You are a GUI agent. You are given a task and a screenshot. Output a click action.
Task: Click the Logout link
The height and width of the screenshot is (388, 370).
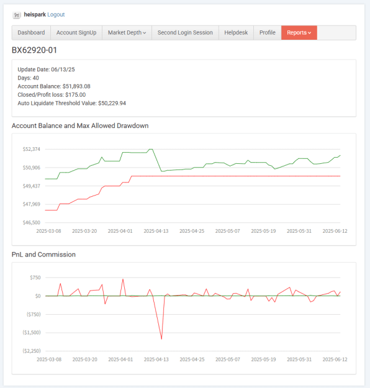(x=56, y=15)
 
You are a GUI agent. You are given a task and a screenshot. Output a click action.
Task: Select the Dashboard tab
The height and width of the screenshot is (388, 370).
(x=31, y=33)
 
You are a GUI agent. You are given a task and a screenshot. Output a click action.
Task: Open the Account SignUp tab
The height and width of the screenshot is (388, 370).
(x=76, y=33)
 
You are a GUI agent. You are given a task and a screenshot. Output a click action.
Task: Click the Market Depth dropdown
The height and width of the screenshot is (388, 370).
(x=127, y=33)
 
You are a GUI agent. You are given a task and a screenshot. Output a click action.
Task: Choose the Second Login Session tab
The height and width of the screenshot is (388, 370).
(x=185, y=33)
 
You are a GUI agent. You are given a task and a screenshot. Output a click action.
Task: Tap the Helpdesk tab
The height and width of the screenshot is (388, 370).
(x=236, y=33)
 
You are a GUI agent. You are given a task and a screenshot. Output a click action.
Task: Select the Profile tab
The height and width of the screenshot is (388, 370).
(x=268, y=33)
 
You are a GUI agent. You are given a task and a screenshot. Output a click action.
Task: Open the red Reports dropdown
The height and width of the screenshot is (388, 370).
(x=299, y=33)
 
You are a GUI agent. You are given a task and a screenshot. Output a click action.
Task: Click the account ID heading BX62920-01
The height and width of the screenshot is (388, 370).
(x=34, y=50)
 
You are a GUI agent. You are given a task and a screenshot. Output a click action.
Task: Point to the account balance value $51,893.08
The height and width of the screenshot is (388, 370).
(x=76, y=86)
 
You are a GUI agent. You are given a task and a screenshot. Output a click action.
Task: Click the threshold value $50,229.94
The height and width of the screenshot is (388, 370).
(x=112, y=103)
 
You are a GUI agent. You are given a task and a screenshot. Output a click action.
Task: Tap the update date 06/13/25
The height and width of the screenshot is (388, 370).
(x=63, y=70)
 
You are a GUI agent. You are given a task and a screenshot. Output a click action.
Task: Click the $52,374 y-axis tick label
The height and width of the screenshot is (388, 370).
(x=32, y=149)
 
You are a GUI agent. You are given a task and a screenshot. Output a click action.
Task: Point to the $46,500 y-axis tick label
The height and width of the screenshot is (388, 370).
(x=32, y=222)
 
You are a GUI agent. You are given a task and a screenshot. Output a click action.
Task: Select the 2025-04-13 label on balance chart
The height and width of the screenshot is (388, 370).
(x=156, y=231)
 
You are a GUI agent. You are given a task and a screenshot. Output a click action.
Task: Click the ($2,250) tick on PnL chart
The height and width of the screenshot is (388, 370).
(x=32, y=351)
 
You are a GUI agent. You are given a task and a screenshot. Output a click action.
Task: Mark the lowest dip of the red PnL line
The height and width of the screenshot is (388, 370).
(x=161, y=339)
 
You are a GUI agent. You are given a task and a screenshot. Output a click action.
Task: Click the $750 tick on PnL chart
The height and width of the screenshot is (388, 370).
(x=35, y=277)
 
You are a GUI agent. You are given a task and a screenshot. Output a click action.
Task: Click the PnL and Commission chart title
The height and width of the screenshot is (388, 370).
(x=43, y=255)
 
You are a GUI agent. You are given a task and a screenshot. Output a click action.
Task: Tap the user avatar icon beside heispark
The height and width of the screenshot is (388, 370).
(x=17, y=15)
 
